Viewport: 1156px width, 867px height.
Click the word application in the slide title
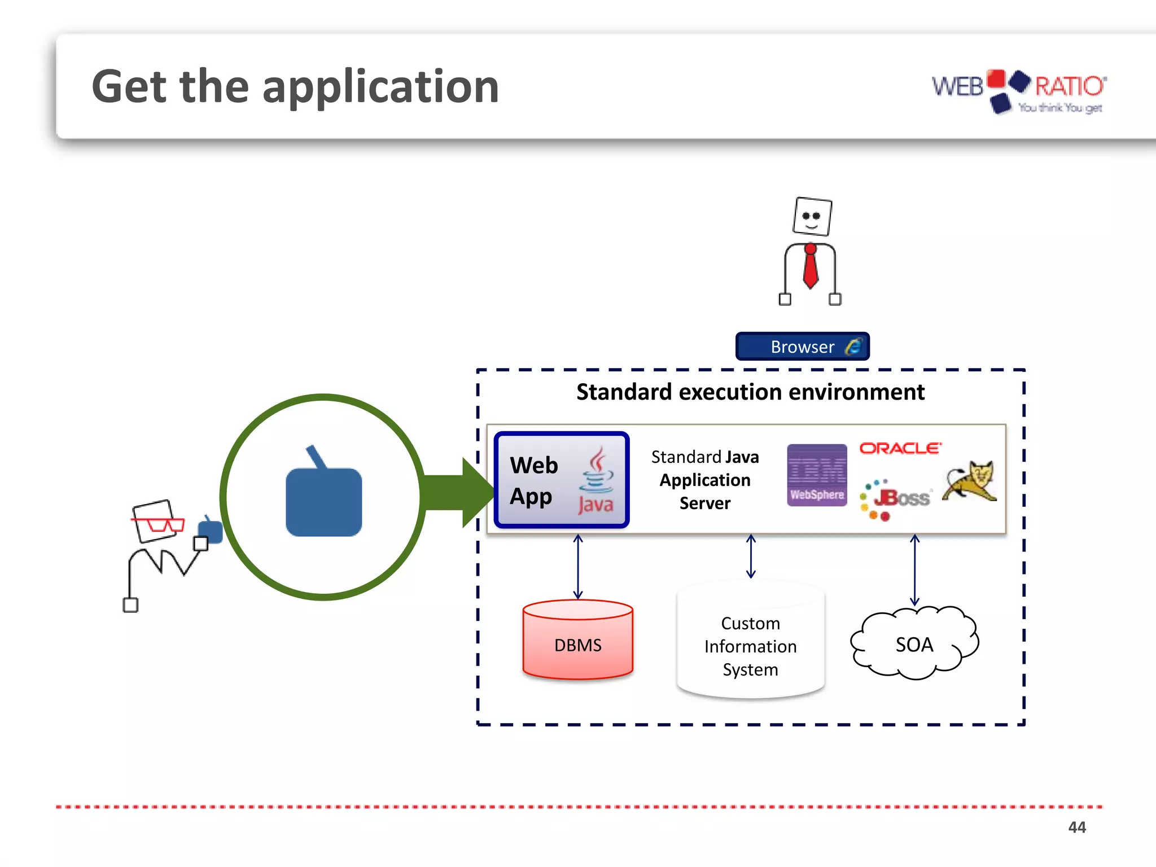pyautogui.click(x=380, y=87)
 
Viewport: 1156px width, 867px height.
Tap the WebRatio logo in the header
pyautogui.click(x=1018, y=90)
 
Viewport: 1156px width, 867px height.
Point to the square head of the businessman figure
pyautogui.click(x=812, y=216)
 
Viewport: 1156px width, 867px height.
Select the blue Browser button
pyautogui.click(x=802, y=346)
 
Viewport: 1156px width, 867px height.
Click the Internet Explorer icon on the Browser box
pyautogui.click(x=853, y=346)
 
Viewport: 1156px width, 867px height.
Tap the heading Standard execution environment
pyautogui.click(x=750, y=392)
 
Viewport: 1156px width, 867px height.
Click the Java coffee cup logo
pyautogui.click(x=596, y=480)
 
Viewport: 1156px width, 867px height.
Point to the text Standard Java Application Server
pyautogui.click(x=705, y=480)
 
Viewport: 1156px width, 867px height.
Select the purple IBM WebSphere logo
pyautogui.click(x=817, y=475)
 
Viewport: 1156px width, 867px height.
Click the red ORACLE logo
pyautogui.click(x=900, y=448)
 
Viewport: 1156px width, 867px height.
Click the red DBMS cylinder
pyautogui.click(x=577, y=640)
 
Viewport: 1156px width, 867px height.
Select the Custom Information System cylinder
pyautogui.click(x=750, y=643)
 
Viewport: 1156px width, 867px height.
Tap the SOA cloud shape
pyautogui.click(x=914, y=643)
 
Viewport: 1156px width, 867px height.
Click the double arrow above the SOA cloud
pyautogui.click(x=914, y=570)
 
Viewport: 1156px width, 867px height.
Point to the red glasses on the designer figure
pyautogui.click(x=159, y=525)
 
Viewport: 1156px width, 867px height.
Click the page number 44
pyautogui.click(x=1076, y=827)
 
